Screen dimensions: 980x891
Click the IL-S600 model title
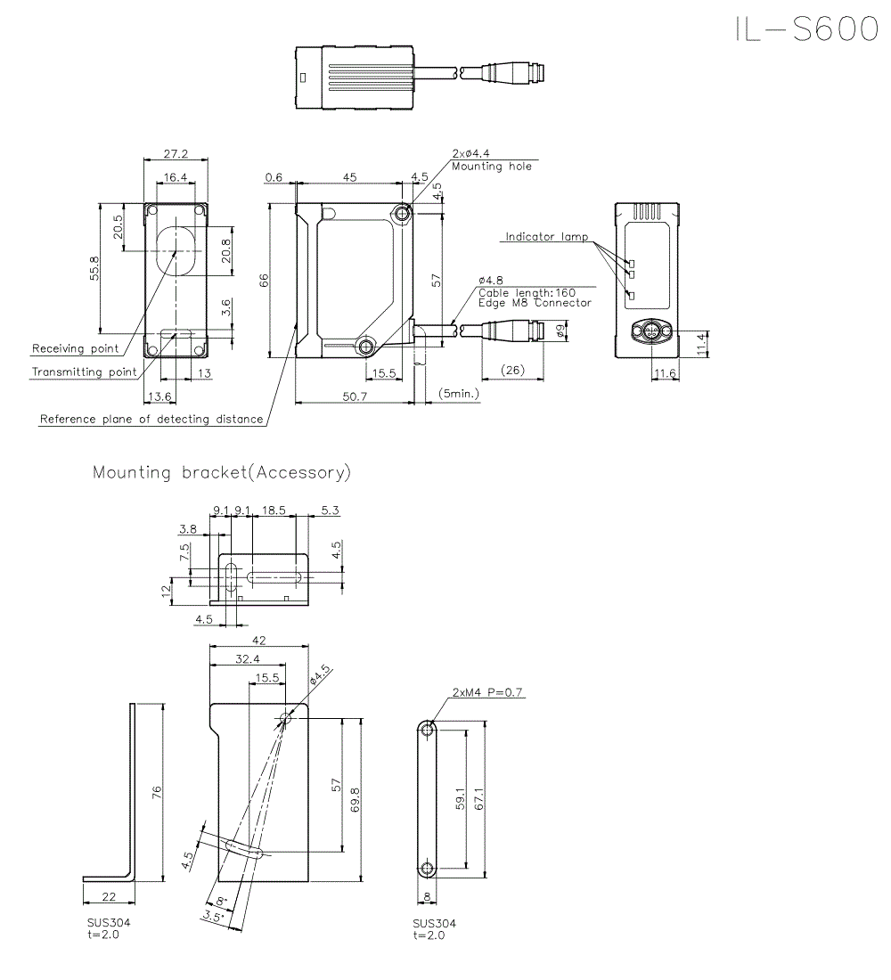[806, 29]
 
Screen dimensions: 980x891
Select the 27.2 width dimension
[175, 153]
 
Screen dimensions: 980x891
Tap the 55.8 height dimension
[94, 267]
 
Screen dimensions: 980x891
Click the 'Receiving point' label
[75, 348]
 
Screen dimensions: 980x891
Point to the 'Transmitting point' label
[85, 372]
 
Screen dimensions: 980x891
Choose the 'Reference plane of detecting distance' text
[151, 419]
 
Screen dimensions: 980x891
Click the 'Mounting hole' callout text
[491, 167]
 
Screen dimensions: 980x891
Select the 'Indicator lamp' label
[546, 237]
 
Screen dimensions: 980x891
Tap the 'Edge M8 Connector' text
[535, 303]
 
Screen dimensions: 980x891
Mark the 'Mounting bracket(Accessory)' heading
[222, 472]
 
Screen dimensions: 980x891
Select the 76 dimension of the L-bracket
[157, 793]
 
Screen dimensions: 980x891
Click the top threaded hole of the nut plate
[429, 730]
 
